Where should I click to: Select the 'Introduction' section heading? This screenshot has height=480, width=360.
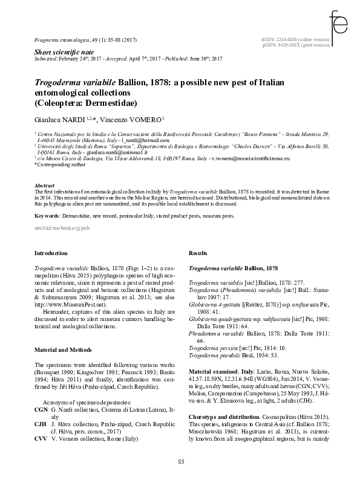(x=51, y=252)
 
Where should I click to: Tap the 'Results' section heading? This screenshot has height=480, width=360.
(x=198, y=252)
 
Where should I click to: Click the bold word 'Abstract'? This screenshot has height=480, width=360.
(x=46, y=186)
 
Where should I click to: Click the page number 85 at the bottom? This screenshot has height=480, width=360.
(x=180, y=462)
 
